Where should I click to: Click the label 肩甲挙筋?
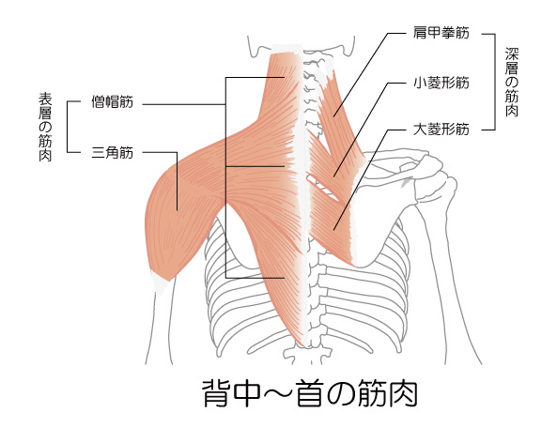click(441, 33)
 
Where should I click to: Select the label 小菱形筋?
click(441, 83)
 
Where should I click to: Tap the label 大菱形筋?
click(441, 130)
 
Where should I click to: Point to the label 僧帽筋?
click(113, 102)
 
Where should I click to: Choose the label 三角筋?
click(113, 153)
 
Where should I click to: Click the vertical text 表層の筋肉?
click(45, 127)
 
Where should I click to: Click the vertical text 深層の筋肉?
click(512, 82)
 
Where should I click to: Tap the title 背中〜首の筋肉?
click(310, 393)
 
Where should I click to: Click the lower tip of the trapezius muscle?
click(302, 345)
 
